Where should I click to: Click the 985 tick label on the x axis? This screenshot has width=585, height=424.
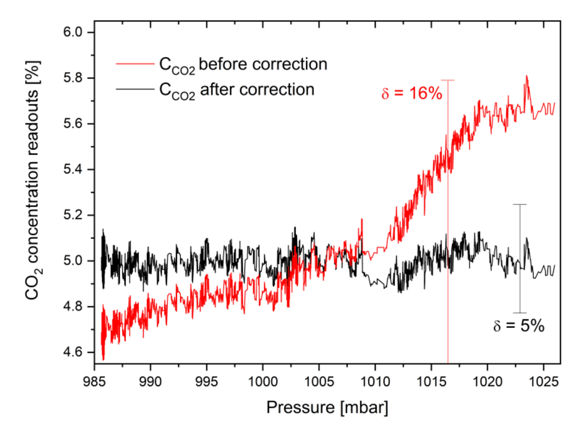95,380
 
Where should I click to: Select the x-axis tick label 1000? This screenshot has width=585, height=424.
263,380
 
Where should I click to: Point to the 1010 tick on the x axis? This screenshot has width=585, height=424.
375,380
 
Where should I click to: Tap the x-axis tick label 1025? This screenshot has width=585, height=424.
543,380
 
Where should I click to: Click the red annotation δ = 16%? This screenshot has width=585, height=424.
411,94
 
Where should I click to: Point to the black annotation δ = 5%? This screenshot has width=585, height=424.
519,326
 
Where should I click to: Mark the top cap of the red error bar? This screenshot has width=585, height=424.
448,80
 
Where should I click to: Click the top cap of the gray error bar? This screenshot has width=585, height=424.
520,204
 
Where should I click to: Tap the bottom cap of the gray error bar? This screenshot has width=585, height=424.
520,313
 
